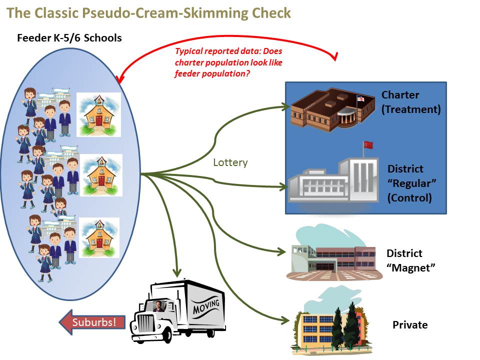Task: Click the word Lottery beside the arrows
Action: (x=230, y=162)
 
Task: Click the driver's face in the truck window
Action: (x=159, y=306)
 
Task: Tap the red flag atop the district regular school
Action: (x=369, y=145)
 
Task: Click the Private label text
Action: (x=410, y=325)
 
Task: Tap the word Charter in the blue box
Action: (x=400, y=95)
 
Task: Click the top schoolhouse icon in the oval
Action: (x=98, y=114)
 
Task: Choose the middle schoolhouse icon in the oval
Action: (x=101, y=175)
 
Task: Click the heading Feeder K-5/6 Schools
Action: (x=69, y=38)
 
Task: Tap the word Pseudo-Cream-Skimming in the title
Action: (x=150, y=12)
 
